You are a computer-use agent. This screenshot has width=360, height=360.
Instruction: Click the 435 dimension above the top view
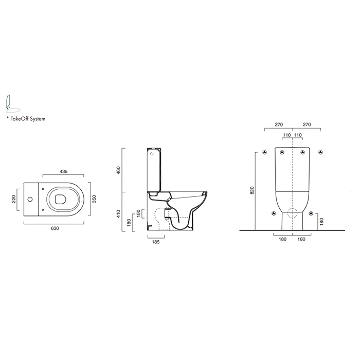64,171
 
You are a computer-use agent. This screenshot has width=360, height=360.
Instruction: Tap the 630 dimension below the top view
55,228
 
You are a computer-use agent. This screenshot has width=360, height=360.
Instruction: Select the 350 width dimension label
94,199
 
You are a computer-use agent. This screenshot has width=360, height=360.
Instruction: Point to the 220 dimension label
13,199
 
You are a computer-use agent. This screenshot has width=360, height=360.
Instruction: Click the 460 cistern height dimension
118,170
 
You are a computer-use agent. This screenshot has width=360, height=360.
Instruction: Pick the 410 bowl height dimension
118,214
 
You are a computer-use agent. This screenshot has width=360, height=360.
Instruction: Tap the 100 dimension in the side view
138,213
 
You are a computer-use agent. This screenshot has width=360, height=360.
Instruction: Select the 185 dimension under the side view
156,242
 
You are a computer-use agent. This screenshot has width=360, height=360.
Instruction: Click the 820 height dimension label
252,190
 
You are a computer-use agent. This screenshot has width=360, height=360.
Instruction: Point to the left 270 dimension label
279,124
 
